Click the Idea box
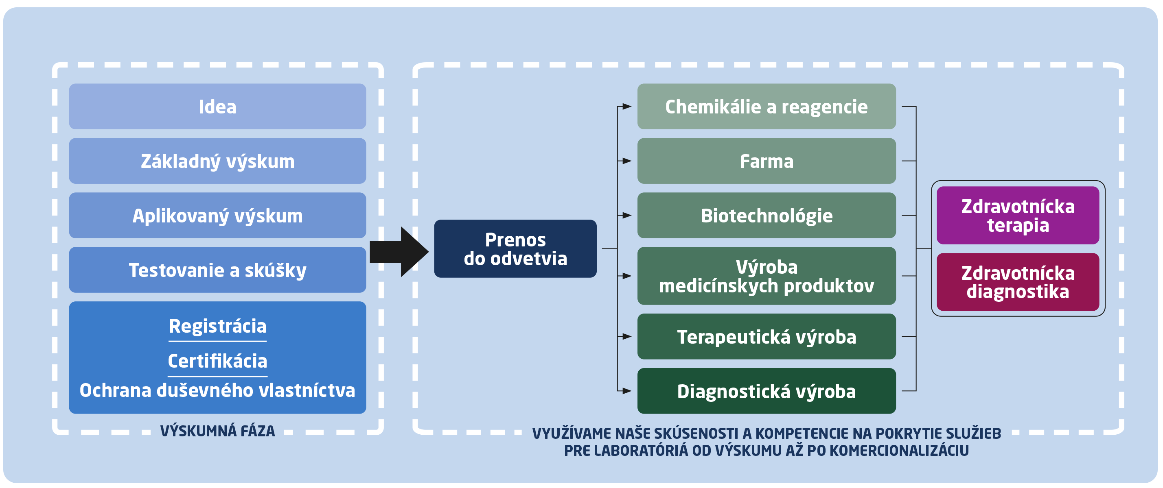pyautogui.click(x=217, y=107)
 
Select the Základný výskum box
pyautogui.click(x=217, y=161)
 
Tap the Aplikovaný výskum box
pyautogui.click(x=217, y=216)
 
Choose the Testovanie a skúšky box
pyautogui.click(x=217, y=270)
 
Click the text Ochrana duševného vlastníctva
pyautogui.click(x=217, y=390)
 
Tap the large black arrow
pyautogui.click(x=399, y=252)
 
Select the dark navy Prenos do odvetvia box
pyautogui.click(x=515, y=248)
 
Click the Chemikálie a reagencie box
pyautogui.click(x=766, y=107)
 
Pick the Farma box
pyautogui.click(x=766, y=161)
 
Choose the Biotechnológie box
pyautogui.click(x=766, y=216)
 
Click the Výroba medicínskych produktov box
pyautogui.click(x=766, y=276)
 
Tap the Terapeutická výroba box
pyautogui.click(x=766, y=336)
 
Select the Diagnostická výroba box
pyautogui.click(x=766, y=391)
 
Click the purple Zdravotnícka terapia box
pyautogui.click(x=1018, y=216)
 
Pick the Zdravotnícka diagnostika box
pyautogui.click(x=1018, y=282)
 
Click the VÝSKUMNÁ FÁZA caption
pyautogui.click(x=217, y=431)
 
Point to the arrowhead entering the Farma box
pyautogui.click(x=627, y=161)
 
